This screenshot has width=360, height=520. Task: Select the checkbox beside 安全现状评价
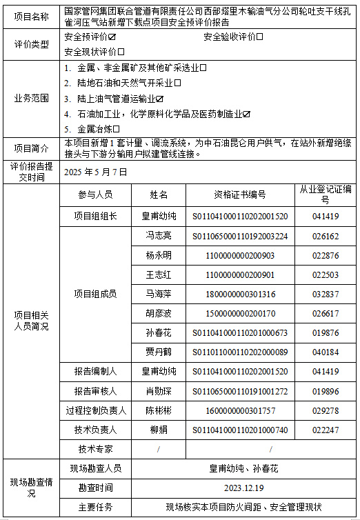(121, 52)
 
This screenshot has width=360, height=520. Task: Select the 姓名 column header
(159, 194)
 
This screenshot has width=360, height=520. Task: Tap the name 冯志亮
(159, 236)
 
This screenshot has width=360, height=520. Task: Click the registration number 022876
(326, 255)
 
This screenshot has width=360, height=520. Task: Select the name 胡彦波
(159, 313)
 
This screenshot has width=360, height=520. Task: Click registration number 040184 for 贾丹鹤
(326, 352)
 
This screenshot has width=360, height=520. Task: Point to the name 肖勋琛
(159, 391)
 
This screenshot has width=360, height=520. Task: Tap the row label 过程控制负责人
(95, 410)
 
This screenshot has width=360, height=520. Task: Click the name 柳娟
(159, 430)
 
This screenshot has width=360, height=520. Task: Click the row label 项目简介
(31, 148)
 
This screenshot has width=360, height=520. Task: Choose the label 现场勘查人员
(95, 468)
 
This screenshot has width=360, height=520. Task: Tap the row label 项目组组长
(95, 216)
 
